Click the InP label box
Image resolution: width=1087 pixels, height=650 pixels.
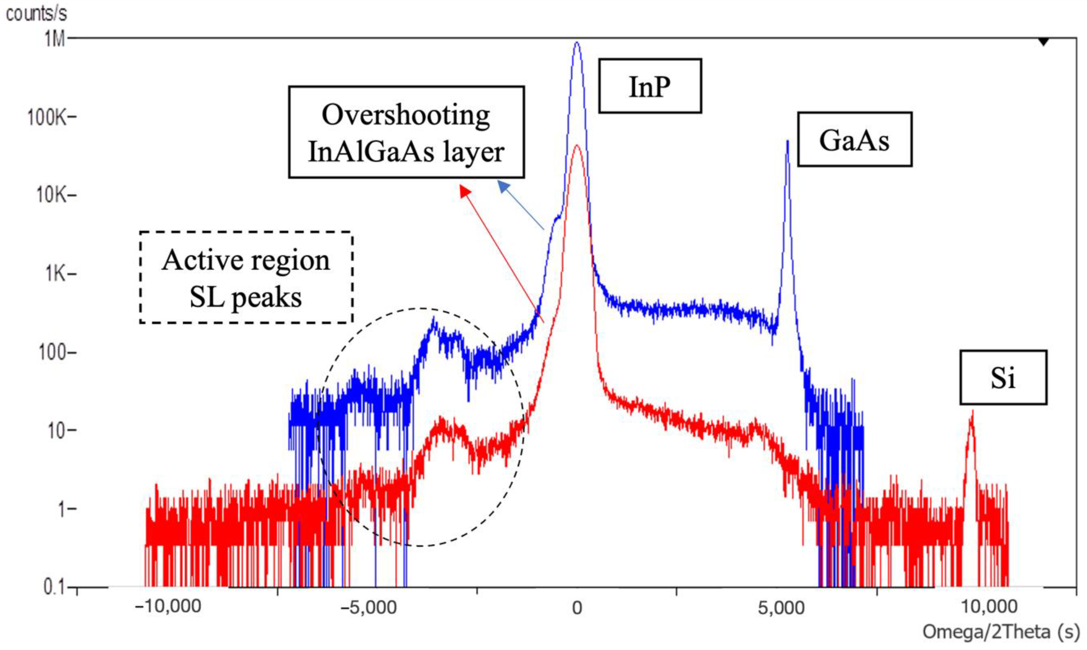point(650,86)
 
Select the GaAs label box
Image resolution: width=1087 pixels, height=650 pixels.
point(855,140)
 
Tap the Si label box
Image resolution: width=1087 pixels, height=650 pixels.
point(1003,378)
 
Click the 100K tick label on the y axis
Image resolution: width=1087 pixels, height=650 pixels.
point(48,117)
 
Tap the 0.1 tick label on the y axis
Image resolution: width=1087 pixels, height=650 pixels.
point(55,587)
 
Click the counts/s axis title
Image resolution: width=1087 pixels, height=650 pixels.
point(36,14)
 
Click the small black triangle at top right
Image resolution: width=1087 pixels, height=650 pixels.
point(1044,42)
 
